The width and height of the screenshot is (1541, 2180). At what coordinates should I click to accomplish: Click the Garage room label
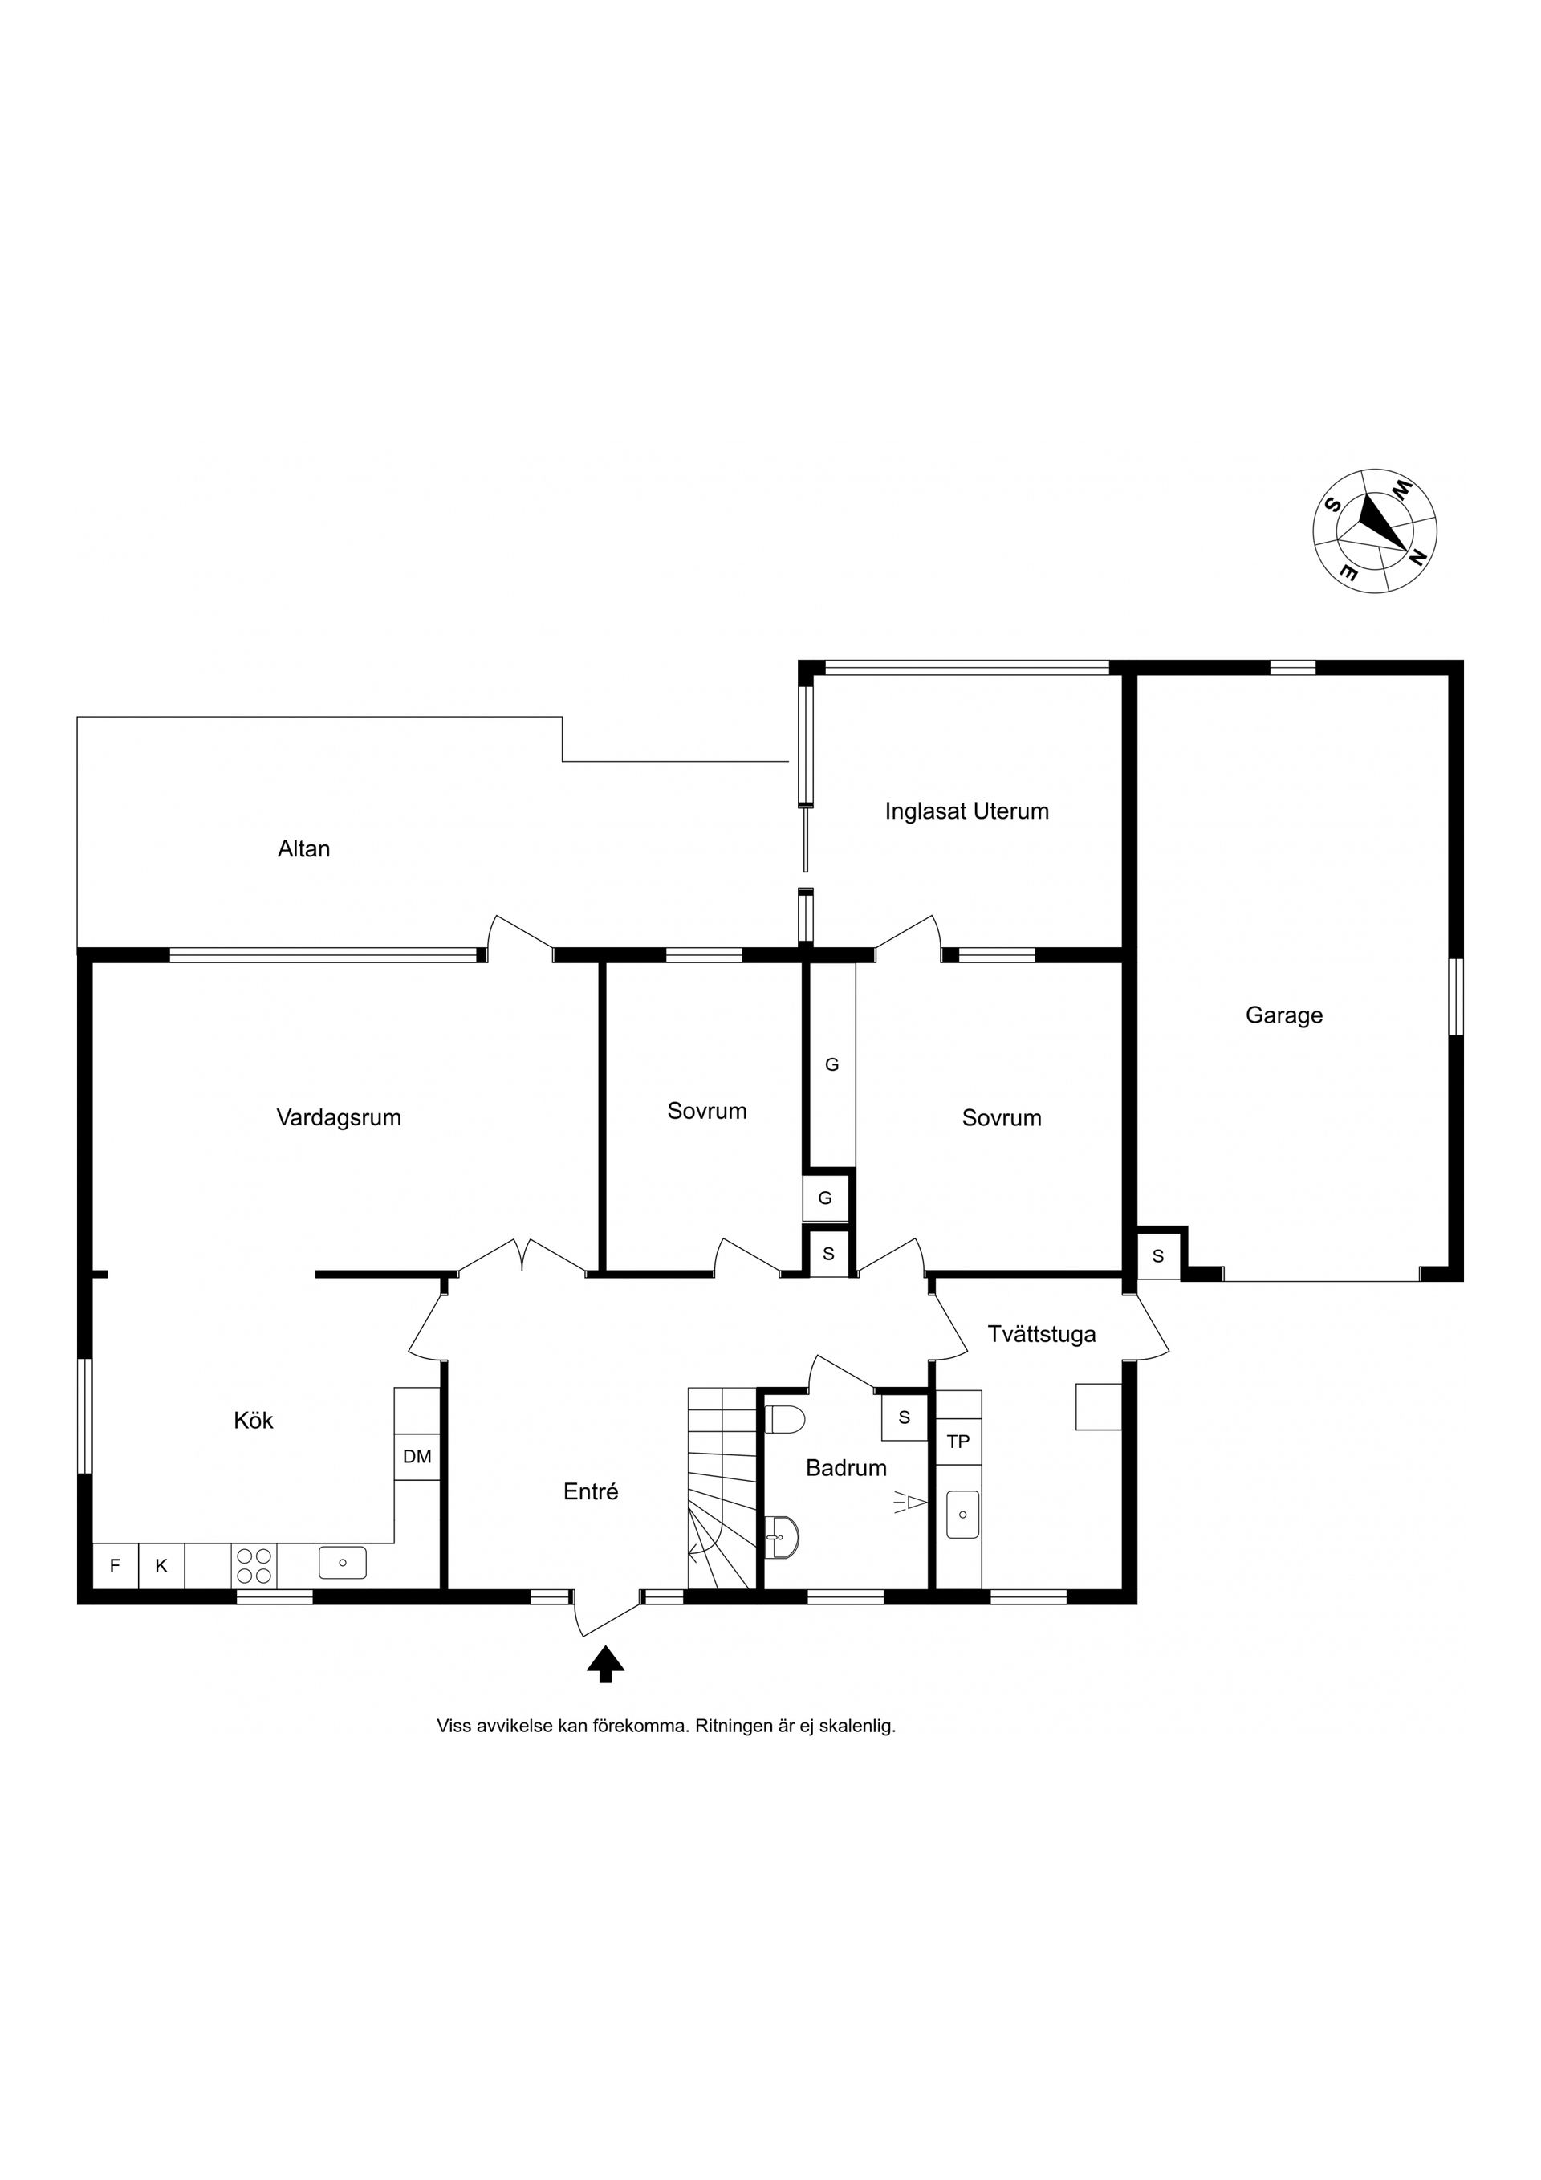tap(1283, 1015)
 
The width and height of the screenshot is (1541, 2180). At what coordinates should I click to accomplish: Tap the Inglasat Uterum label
tap(966, 811)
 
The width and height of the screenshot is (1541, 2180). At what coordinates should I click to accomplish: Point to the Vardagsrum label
tap(339, 1117)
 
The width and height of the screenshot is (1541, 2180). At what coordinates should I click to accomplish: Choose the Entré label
tap(591, 1491)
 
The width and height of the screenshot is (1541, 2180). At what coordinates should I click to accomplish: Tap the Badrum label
tap(846, 1468)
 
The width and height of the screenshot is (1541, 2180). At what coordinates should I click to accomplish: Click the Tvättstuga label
tap(1042, 1334)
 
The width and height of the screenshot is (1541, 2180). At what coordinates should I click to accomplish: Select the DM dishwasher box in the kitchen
tap(417, 1455)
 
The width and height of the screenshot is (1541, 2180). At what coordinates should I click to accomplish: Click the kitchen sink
tap(343, 1563)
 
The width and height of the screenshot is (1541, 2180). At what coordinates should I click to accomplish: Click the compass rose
tap(1375, 530)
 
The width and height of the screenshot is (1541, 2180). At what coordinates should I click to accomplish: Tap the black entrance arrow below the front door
tap(605, 1663)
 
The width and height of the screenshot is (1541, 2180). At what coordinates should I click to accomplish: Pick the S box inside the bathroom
tap(904, 1417)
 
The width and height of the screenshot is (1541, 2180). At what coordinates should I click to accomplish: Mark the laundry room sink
tap(963, 1515)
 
